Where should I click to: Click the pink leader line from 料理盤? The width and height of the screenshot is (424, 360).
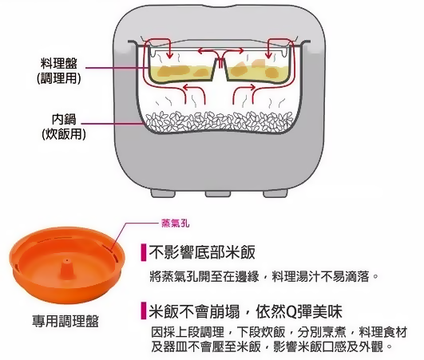pyautogui.click(x=120, y=69)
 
